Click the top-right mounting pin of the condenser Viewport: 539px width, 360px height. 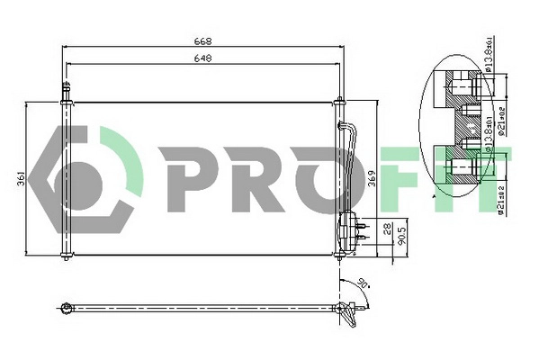coord(339,101)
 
